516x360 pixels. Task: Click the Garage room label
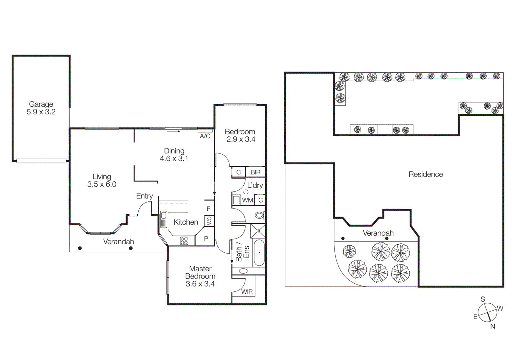coord(41,104)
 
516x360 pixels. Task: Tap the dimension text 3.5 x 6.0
coord(102,184)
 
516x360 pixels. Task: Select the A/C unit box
coord(205,136)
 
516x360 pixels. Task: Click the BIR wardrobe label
coord(255,172)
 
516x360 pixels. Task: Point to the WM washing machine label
coord(247,200)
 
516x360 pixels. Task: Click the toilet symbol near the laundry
coord(260,215)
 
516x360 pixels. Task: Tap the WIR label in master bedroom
coord(247,292)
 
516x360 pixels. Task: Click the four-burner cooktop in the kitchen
coord(184,241)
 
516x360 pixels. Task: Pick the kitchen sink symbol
coord(164,219)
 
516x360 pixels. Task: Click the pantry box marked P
coord(206,238)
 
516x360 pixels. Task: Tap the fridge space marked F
coord(208,209)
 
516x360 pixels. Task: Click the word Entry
coord(144,196)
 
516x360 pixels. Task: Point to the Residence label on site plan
coord(426,174)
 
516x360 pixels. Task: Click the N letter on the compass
coord(492,326)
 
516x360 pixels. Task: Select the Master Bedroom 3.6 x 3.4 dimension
coord(200,284)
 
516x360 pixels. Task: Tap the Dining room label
coord(174,151)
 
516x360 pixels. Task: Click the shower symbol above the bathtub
coord(258,231)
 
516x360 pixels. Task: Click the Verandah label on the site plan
coord(378,233)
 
